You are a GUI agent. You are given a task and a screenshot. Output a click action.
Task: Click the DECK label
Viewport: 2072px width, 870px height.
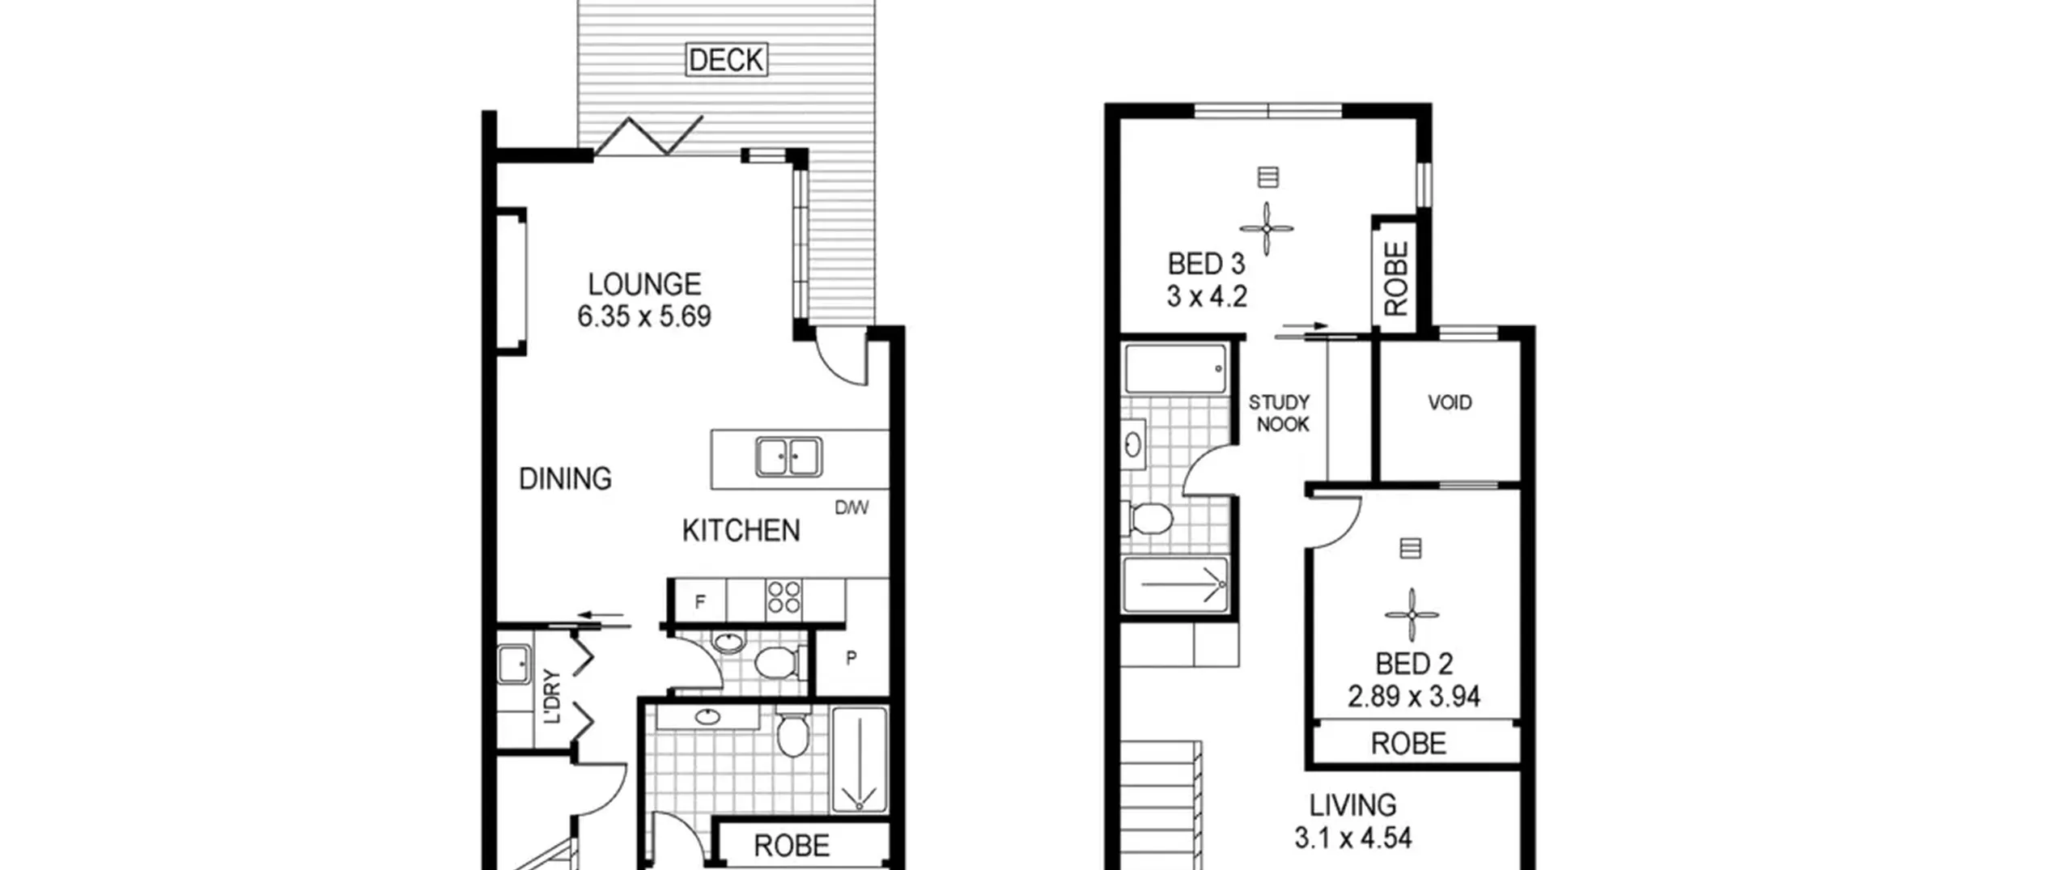726,60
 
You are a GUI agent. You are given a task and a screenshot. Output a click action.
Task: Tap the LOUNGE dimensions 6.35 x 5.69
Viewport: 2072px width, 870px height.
644,316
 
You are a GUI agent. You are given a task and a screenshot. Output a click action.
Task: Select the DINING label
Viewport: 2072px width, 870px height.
565,479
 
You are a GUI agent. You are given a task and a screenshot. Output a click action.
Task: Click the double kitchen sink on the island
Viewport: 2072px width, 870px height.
788,456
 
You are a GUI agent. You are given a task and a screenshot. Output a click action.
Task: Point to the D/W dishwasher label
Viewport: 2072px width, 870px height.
851,508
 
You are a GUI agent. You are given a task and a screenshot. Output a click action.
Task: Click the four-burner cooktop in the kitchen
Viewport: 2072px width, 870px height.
783,598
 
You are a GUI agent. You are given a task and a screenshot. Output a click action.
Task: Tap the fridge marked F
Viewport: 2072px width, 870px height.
700,601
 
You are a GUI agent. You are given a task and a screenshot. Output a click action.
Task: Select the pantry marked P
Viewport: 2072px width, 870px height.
851,659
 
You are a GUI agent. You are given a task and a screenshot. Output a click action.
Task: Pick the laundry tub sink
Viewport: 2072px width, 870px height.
514,666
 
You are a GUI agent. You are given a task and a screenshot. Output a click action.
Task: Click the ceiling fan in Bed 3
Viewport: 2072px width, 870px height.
1267,229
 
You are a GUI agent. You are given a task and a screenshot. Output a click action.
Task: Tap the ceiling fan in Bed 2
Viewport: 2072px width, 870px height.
1412,615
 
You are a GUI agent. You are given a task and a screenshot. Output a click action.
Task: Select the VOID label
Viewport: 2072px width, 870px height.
1449,402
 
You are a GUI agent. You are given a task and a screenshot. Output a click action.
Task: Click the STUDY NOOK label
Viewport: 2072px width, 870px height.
1280,414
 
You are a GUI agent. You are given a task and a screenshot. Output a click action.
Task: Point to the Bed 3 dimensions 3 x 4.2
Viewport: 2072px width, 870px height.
1207,297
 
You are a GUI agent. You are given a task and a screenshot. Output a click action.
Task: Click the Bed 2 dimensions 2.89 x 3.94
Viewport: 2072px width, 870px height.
1413,697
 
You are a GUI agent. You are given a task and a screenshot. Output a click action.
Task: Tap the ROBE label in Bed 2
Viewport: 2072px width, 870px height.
1408,744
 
